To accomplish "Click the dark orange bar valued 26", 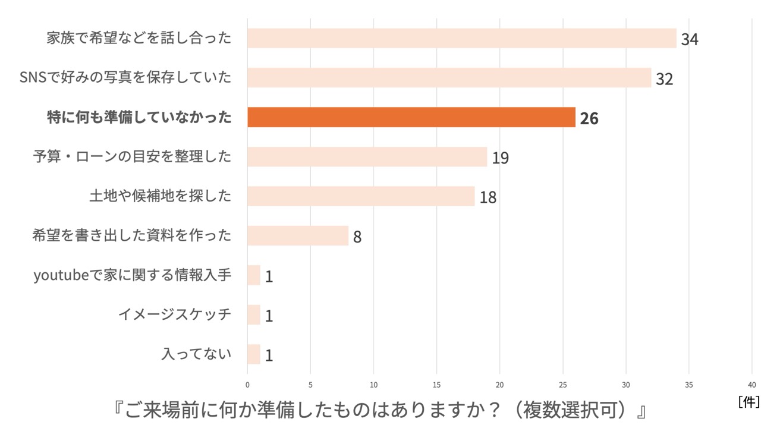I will click(411, 117).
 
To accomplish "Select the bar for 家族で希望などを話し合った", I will click(462, 38).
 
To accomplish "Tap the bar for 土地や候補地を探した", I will click(361, 196).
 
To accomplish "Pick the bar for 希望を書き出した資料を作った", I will click(298, 235).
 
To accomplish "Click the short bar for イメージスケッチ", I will click(254, 314).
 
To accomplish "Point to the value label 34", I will click(690, 40).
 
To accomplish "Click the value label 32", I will click(664, 79).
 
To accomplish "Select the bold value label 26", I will click(589, 118).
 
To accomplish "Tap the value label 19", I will click(500, 158).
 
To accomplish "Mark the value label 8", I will click(357, 237).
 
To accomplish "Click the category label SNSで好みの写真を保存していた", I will click(125, 77).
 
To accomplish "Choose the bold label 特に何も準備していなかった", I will click(140, 117).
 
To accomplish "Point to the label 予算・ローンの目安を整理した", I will click(132, 156).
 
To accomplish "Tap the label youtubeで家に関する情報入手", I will click(133, 275).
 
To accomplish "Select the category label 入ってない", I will click(196, 354).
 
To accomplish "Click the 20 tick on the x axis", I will click(500, 384).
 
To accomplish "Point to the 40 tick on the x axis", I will click(752, 384).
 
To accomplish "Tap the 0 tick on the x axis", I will click(248, 384).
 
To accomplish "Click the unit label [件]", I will click(749, 402).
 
